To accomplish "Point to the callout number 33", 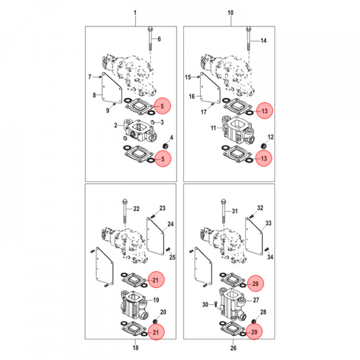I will [268, 223].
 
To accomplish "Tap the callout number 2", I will [115, 125].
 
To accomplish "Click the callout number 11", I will [212, 128].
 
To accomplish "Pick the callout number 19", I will [156, 300].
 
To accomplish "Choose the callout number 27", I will [256, 301].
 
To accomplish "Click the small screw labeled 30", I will [214, 303].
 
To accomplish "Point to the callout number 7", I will [90, 77].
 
